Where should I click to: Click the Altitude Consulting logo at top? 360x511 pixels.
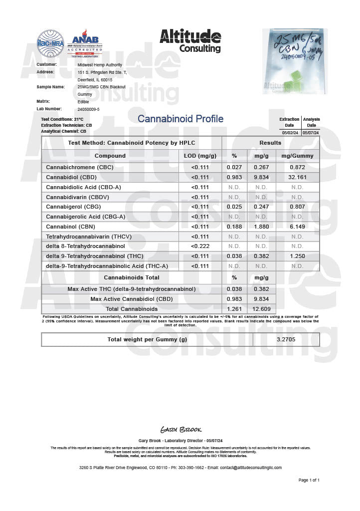click(x=190, y=40)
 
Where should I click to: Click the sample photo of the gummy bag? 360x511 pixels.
click(x=295, y=61)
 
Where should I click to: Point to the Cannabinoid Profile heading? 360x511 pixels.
click(x=180, y=119)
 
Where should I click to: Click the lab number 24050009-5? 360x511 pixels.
click(x=89, y=109)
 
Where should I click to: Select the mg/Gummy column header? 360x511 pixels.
click(x=297, y=156)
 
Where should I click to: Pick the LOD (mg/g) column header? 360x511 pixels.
click(x=199, y=156)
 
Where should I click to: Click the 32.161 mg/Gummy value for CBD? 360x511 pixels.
click(x=297, y=177)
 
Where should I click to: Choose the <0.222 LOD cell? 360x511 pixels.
click(x=199, y=246)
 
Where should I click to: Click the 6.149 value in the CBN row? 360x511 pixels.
click(x=297, y=227)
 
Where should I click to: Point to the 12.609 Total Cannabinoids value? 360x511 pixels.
click(x=261, y=309)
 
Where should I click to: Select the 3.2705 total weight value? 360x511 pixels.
click(x=286, y=340)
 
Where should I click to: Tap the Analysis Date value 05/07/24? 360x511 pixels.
click(x=311, y=133)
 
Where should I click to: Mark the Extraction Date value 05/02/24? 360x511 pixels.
click(x=290, y=133)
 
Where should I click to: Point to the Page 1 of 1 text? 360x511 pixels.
click(x=309, y=480)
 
